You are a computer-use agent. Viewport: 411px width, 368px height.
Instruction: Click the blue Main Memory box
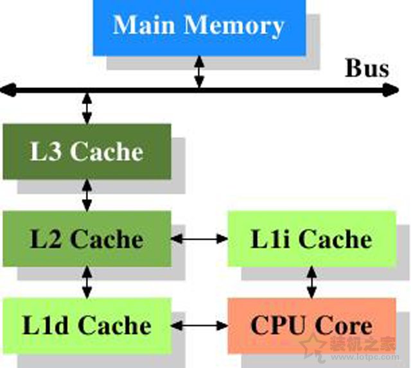(x=199, y=27)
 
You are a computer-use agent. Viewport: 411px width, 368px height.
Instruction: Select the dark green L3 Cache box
(x=87, y=152)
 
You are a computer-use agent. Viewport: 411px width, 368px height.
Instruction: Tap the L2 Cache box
(x=87, y=239)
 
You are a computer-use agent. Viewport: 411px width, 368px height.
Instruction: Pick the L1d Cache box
(x=87, y=325)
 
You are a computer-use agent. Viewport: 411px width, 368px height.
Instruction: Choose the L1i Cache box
(x=311, y=239)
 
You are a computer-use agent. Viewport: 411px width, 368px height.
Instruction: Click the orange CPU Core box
(x=311, y=325)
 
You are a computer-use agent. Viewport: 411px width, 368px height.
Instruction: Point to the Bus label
(x=367, y=68)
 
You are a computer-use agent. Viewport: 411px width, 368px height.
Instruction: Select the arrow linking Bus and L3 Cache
(x=87, y=107)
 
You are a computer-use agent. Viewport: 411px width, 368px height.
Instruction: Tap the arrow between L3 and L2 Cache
(x=87, y=195)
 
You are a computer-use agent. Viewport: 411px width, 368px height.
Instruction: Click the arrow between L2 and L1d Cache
(x=87, y=282)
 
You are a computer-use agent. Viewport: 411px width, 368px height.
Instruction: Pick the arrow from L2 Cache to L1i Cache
(x=200, y=239)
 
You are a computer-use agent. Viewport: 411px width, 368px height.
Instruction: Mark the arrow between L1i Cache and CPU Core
(x=311, y=282)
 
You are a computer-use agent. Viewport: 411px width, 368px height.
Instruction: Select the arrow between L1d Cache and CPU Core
(x=200, y=326)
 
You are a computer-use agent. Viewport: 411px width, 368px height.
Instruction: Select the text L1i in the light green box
(x=270, y=239)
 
